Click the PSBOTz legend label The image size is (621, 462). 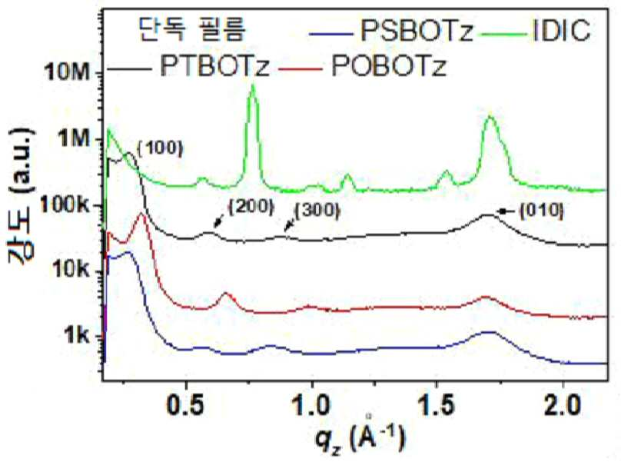(x=417, y=31)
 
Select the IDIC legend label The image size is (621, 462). (x=562, y=30)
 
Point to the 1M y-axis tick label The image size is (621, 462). (x=74, y=138)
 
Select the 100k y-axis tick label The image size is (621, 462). (x=65, y=204)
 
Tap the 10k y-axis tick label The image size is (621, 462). (x=70, y=271)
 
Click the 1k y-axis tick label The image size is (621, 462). (x=78, y=336)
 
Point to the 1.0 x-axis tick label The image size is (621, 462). (x=312, y=405)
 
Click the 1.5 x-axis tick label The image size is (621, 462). (x=437, y=405)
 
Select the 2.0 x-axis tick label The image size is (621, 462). (x=563, y=405)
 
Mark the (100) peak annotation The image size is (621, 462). (x=161, y=148)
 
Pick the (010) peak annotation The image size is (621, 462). (x=541, y=211)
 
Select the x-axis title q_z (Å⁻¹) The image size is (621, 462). (x=360, y=437)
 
